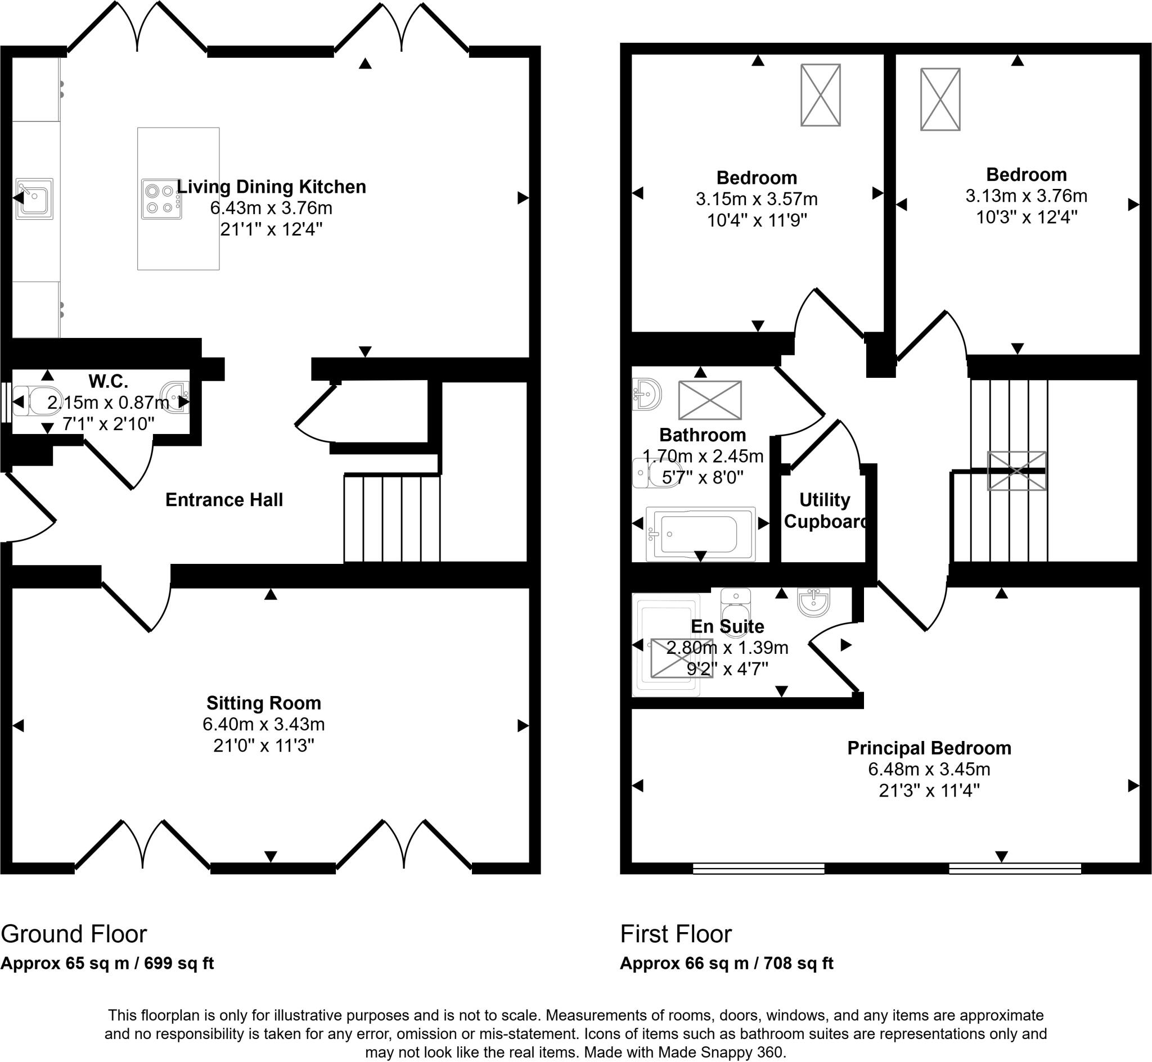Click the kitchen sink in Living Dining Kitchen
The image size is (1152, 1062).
click(34, 198)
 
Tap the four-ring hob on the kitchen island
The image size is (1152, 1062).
click(161, 199)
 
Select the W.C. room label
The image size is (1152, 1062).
click(108, 381)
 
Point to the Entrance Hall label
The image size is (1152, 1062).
click(224, 500)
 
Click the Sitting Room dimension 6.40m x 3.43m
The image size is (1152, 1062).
click(263, 724)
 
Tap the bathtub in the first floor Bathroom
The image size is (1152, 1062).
click(700, 534)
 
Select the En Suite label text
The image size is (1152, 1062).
click(727, 626)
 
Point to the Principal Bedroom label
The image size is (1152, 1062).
click(929, 748)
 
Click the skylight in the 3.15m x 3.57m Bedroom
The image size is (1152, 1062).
click(820, 95)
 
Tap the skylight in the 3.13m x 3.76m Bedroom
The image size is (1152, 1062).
click(940, 100)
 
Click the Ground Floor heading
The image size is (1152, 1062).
click(74, 934)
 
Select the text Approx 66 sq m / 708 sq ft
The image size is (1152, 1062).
click(726, 964)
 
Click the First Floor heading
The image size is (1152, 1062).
click(676, 934)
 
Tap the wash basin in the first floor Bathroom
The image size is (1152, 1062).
click(647, 394)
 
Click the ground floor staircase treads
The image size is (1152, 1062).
click(392, 518)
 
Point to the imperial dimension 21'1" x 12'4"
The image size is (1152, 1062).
click(271, 229)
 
